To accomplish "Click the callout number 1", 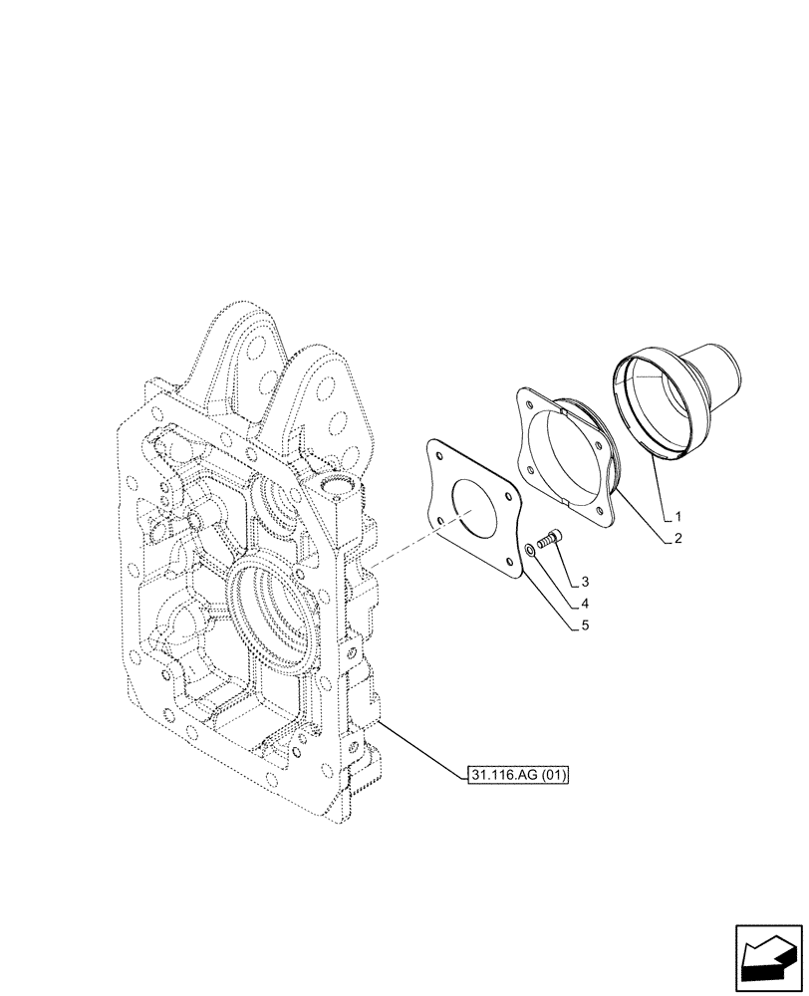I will pos(677,517).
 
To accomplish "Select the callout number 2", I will pos(677,538).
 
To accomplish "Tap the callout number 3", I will pos(586,581).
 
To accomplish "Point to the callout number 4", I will pos(586,604).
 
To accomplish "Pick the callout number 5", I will pos(586,625).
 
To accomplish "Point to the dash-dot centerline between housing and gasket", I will pos(408,547).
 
